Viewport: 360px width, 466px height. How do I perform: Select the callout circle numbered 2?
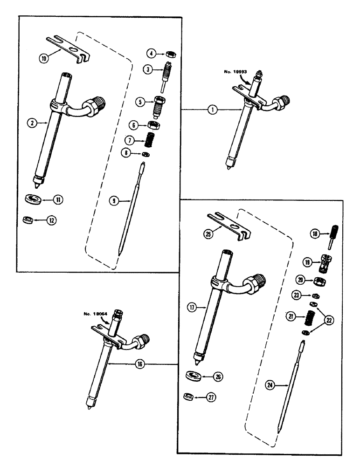32,123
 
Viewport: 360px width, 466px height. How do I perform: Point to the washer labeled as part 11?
32,199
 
